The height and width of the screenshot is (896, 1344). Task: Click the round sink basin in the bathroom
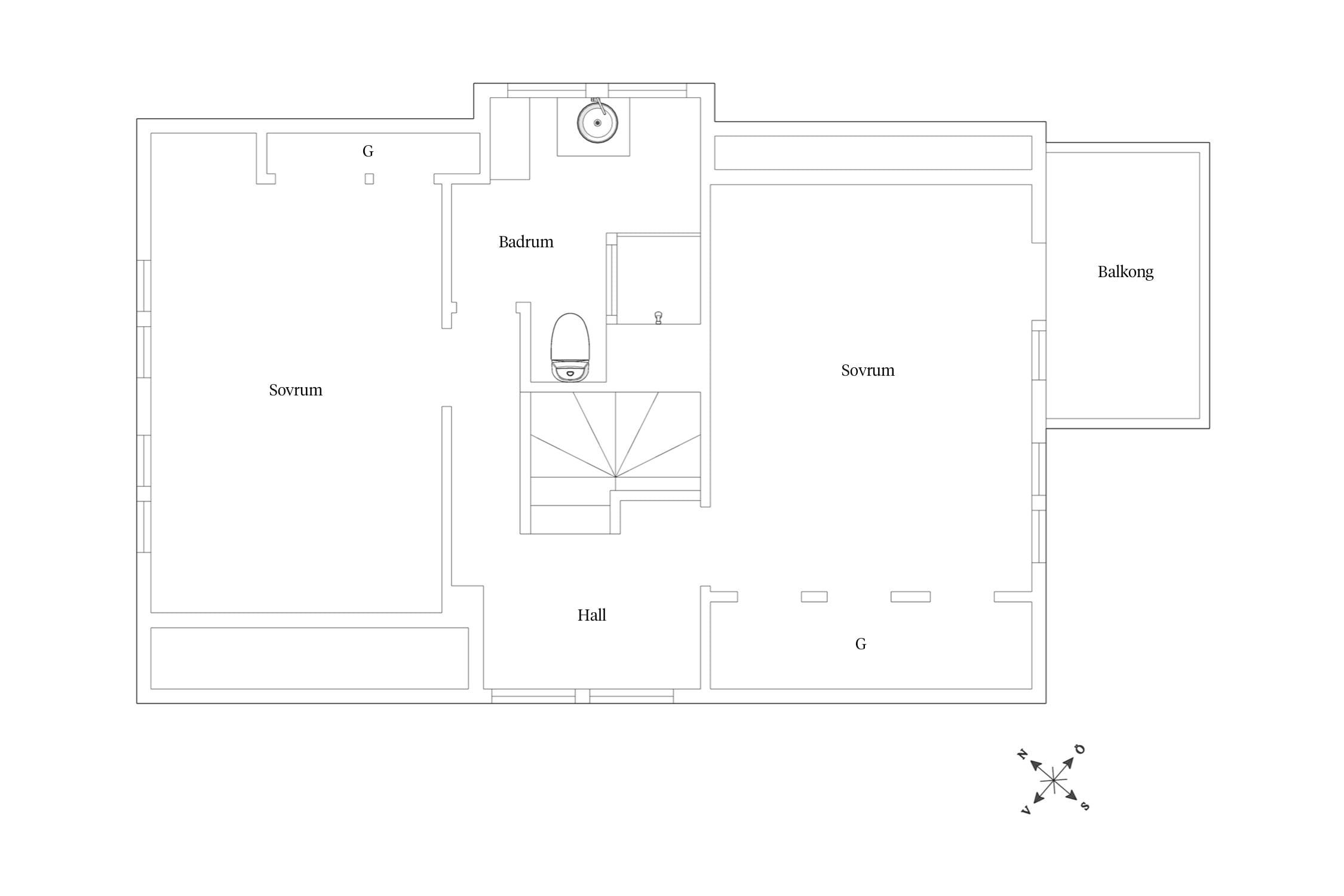click(597, 123)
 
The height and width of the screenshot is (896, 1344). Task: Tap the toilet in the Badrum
click(570, 347)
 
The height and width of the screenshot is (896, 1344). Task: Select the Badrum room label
click(526, 242)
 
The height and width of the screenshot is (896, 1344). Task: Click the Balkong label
click(1125, 272)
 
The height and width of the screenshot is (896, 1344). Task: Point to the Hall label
click(591, 615)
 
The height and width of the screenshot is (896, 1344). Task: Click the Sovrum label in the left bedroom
click(296, 390)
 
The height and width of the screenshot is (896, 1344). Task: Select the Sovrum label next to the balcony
click(868, 370)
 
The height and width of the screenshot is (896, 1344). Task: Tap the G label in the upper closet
click(368, 151)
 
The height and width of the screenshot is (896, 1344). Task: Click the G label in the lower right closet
click(861, 644)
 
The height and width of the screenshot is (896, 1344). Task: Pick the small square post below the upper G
click(369, 179)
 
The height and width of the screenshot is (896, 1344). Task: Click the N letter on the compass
click(1022, 755)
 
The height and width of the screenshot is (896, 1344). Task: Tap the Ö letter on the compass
click(1080, 749)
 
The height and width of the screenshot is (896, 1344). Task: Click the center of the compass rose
click(1054, 780)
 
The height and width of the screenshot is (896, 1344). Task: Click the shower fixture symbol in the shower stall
click(658, 317)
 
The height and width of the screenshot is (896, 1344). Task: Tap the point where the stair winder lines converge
click(616, 477)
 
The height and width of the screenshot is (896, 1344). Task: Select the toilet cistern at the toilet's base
click(570, 372)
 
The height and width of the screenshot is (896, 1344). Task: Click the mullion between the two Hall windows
click(582, 696)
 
